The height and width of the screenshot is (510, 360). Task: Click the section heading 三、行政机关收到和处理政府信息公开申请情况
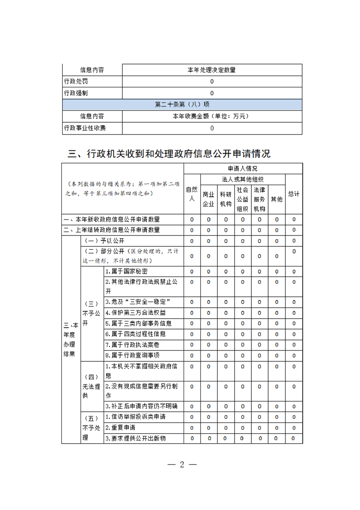(169, 154)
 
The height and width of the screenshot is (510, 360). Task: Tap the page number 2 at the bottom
(182, 465)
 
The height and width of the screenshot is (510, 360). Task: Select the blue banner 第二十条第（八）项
(182, 105)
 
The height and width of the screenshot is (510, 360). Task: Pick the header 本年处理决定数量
(212, 70)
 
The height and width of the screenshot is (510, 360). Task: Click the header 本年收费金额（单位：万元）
(212, 116)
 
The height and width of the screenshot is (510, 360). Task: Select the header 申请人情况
(243, 169)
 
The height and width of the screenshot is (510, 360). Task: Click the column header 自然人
(192, 194)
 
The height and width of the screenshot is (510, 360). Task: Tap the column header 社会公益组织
(242, 199)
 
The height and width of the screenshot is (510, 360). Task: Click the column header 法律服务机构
(260, 199)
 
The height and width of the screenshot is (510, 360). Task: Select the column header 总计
(294, 194)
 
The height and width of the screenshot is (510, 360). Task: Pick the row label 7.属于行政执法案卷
(132, 345)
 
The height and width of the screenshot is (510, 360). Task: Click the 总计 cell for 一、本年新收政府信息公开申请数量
(294, 220)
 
